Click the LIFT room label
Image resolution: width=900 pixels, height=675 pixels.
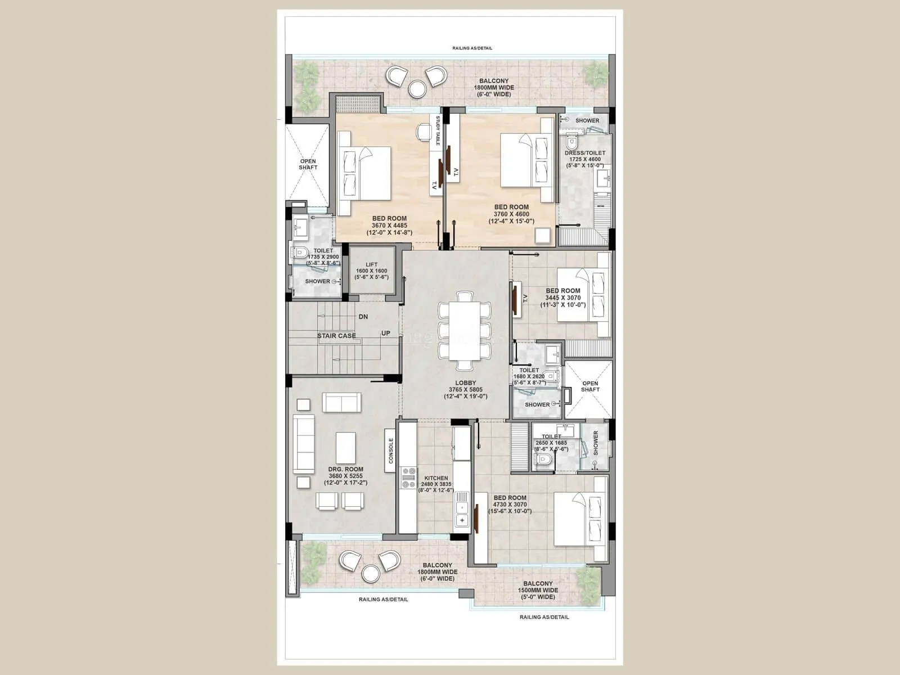tap(371, 264)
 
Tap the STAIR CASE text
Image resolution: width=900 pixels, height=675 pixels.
tap(336, 336)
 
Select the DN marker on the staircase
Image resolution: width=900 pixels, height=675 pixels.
tap(363, 317)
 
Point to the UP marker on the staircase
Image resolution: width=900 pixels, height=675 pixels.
tap(386, 333)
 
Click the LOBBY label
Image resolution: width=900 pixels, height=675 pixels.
tap(465, 383)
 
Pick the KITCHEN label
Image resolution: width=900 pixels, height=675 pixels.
tap(436, 478)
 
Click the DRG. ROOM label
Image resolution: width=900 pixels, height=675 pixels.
tap(346, 469)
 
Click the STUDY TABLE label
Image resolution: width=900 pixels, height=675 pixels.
tap(437, 130)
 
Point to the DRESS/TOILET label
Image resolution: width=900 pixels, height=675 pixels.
tap(585, 153)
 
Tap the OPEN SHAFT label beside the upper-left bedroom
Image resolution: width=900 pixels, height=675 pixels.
tap(308, 164)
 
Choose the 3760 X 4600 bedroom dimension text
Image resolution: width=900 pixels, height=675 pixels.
tap(511, 214)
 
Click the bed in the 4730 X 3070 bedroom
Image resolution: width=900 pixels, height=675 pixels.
tap(579, 519)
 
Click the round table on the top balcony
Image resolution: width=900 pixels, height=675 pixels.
tap(417, 88)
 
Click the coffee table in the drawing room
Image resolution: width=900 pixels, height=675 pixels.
tap(345, 448)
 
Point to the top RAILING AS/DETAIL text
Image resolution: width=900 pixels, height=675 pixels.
tap(472, 48)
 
